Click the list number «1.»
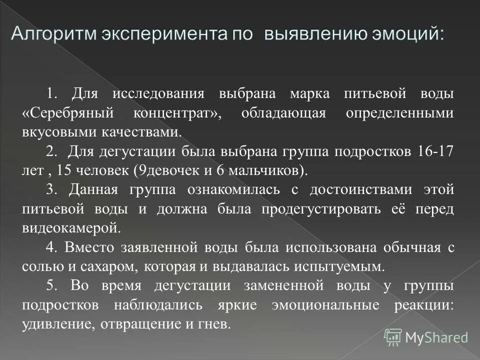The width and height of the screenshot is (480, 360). click(53, 94)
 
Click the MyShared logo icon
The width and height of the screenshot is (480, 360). click(393, 337)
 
